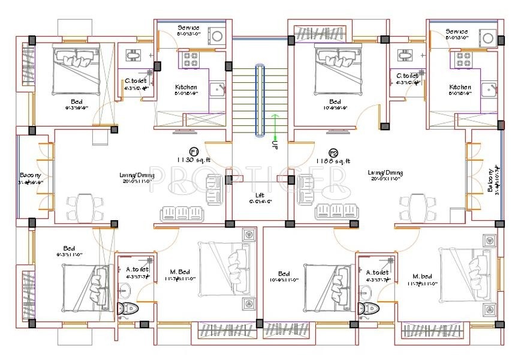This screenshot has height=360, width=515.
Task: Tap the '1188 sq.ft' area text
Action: (334, 161)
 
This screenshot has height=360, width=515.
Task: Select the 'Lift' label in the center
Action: (259, 196)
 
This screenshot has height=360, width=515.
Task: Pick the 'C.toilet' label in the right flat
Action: (408, 76)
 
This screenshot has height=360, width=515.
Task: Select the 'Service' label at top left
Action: (189, 28)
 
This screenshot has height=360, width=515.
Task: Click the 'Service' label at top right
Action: (457, 31)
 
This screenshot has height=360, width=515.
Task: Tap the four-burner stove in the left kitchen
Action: (191, 59)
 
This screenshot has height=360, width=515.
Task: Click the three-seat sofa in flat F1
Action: (182, 214)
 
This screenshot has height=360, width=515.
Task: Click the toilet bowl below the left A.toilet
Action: (127, 309)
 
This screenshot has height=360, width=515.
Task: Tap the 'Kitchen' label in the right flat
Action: (460, 87)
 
